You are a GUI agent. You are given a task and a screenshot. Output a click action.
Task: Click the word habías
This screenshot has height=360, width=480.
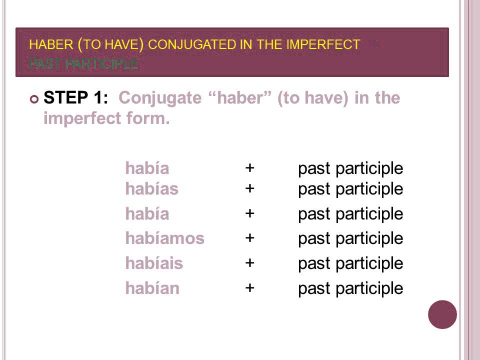click(151, 189)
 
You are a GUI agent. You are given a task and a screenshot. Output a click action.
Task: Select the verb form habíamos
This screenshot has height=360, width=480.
click(164, 238)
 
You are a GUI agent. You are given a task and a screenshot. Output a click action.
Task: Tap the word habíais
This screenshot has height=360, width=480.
click(154, 263)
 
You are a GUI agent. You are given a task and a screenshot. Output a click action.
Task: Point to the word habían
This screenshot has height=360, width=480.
click(152, 288)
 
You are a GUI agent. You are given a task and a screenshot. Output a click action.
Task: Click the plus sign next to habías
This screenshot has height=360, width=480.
click(250, 188)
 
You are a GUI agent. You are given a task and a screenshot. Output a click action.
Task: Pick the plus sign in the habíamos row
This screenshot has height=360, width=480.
click(250, 238)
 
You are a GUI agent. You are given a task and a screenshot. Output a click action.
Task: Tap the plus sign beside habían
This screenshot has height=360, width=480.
click(250, 288)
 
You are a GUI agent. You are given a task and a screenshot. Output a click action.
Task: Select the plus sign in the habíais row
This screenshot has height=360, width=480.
click(250, 263)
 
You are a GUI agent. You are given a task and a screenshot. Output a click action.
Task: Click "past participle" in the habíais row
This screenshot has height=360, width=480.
click(350, 263)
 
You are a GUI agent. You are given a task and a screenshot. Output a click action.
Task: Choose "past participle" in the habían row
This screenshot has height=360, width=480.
click(350, 288)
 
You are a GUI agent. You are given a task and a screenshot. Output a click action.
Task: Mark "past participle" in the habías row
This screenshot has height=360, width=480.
click(350, 189)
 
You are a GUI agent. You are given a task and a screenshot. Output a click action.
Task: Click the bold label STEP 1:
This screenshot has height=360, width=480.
click(75, 98)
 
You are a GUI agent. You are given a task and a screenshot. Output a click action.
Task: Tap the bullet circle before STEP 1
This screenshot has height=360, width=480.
click(34, 99)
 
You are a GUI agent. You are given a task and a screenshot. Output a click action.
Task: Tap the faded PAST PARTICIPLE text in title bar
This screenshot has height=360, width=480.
click(83, 64)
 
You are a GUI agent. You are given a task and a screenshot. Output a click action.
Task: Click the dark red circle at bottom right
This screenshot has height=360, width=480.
click(442, 314)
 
